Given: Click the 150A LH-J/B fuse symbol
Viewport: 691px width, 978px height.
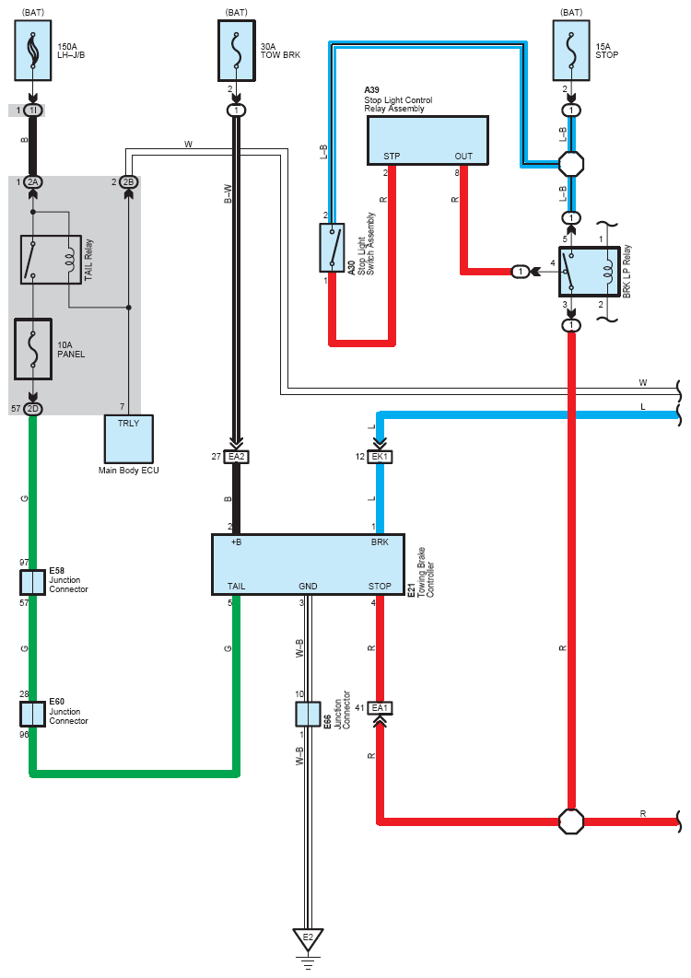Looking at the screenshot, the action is pyautogui.click(x=33, y=51).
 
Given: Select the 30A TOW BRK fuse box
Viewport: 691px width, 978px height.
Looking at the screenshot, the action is pyautogui.click(x=237, y=51).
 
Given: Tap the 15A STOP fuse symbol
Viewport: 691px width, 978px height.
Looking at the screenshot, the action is pyautogui.click(x=571, y=51).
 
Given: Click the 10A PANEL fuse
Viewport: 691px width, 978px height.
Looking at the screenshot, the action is pyautogui.click(x=33, y=349).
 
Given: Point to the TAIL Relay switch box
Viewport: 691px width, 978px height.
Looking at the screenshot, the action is pyautogui.click(x=52, y=260).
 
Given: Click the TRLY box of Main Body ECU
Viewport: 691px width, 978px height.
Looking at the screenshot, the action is pyautogui.click(x=129, y=439).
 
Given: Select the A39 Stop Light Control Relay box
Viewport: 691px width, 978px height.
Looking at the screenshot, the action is pyautogui.click(x=427, y=140).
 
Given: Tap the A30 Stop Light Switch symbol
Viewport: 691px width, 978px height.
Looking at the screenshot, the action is pyautogui.click(x=332, y=248).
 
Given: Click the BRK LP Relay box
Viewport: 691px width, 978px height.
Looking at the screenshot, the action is pyautogui.click(x=590, y=272).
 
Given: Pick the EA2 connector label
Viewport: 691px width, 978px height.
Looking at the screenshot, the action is pyautogui.click(x=237, y=457).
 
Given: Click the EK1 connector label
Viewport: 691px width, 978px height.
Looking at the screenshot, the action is pyautogui.click(x=381, y=457).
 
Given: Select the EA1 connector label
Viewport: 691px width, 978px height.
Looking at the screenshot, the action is pyautogui.click(x=381, y=708).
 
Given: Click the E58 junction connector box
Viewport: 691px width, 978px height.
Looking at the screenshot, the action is pyautogui.click(x=32, y=583).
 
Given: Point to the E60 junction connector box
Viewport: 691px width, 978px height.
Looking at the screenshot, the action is pyautogui.click(x=32, y=715).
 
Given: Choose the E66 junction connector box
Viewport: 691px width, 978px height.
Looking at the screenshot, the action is pyautogui.click(x=308, y=715).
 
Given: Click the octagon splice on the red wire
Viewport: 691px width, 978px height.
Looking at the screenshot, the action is pyautogui.click(x=571, y=821).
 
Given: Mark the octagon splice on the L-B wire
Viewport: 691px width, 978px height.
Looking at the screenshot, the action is pyautogui.click(x=571, y=164).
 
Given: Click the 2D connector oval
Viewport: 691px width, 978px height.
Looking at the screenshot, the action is pyautogui.click(x=32, y=409).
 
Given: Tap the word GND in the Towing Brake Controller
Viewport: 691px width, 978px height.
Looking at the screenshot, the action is pyautogui.click(x=308, y=587).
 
